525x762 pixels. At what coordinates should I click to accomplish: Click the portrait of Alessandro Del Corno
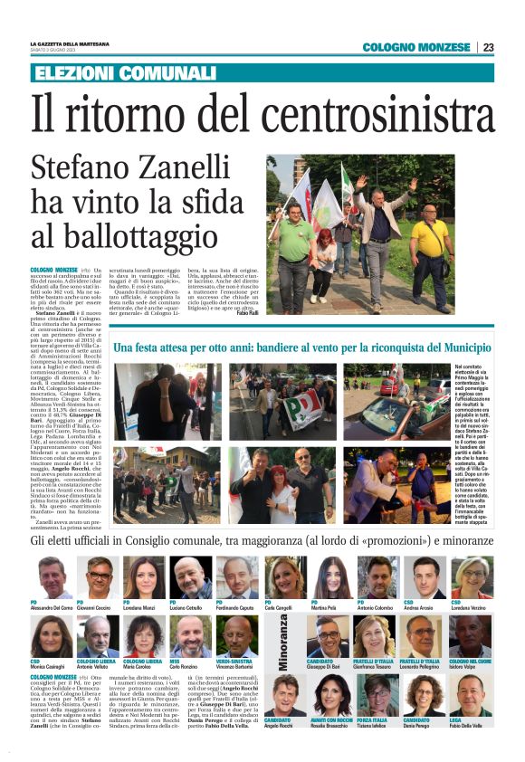coord(55,578)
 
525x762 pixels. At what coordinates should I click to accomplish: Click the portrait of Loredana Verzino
coord(472,578)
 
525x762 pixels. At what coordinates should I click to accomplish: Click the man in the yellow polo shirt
coord(433,240)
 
